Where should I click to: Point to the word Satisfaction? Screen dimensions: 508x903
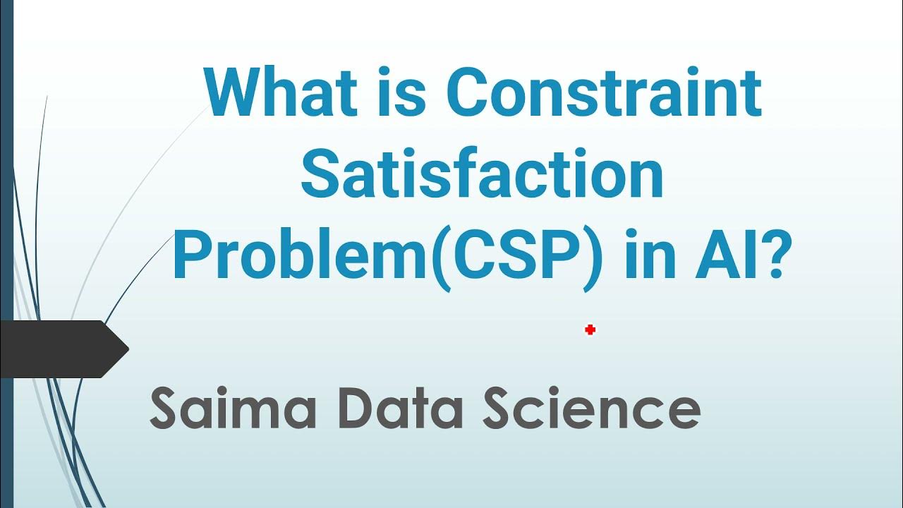point(481,176)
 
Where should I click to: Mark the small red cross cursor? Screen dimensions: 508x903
point(590,329)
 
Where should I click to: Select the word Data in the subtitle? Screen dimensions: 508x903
point(405,409)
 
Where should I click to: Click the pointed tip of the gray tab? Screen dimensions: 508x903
point(127,349)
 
